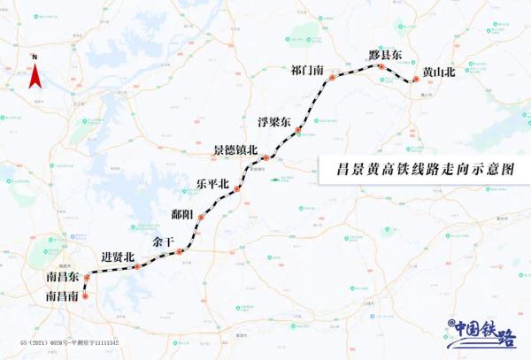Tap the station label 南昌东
63,278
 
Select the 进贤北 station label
118,257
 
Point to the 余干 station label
163,241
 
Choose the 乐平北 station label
212,184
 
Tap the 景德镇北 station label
235,150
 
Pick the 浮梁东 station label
273,122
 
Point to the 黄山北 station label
438,72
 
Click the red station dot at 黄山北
413,81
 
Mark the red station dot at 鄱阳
202,217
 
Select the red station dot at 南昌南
85,296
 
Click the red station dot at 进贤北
137,265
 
